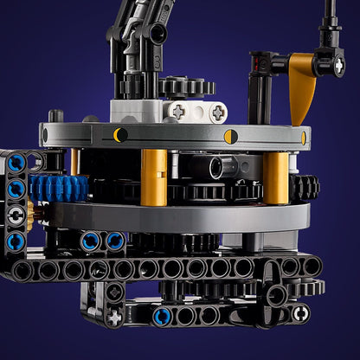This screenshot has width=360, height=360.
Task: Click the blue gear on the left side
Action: (x=59, y=188)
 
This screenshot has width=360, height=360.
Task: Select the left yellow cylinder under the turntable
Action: (x=154, y=177)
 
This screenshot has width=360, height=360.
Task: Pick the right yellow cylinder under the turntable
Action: (x=276, y=177)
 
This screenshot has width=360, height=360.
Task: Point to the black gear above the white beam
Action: (x=186, y=87)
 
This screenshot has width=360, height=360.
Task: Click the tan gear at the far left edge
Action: (x=31, y=213)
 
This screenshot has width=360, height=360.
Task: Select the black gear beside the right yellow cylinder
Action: (x=304, y=187)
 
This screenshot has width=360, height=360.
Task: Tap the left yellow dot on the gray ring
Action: (x=120, y=134)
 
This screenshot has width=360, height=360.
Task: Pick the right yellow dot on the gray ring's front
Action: (x=230, y=136)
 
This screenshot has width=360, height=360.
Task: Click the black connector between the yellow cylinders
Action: (x=213, y=166)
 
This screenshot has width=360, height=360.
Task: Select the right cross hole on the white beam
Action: (x=217, y=112)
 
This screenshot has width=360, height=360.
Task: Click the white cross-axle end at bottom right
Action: (x=300, y=313)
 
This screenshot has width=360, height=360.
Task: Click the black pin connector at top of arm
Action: (x=156, y=33)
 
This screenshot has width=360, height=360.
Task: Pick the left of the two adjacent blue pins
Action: (x=90, y=241)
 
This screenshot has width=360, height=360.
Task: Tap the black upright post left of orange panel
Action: (x=256, y=96)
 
